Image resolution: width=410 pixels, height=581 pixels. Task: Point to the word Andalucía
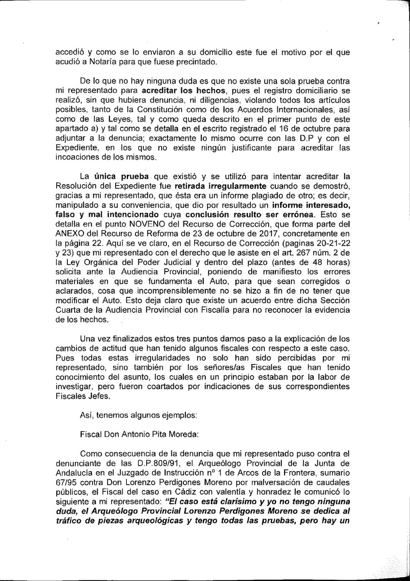[74, 473]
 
